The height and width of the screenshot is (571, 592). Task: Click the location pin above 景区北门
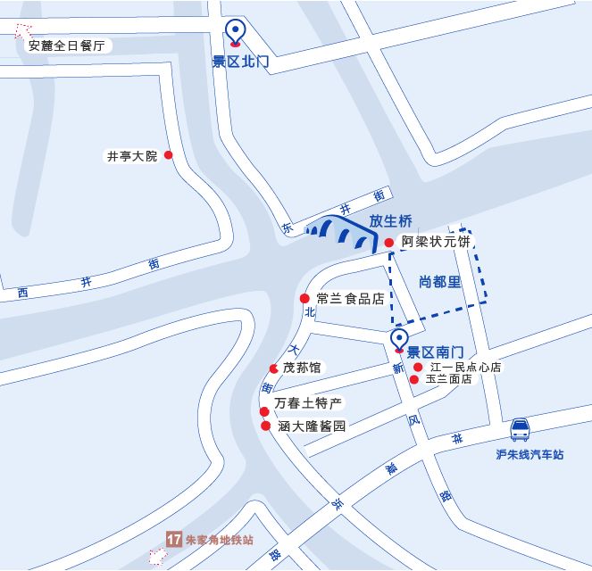pos(235,31)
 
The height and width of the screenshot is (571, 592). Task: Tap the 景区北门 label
pos(240,62)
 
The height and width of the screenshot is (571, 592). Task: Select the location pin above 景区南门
pos(399,341)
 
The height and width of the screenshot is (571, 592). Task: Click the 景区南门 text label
pos(434,352)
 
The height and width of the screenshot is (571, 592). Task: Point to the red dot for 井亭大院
pos(168,154)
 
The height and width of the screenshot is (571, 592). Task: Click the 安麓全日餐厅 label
pos(67,46)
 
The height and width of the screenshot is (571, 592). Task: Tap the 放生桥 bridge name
pos(391,221)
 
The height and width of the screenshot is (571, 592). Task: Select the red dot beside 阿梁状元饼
pos(389,243)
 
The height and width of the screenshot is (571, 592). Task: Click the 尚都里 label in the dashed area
pos(439,282)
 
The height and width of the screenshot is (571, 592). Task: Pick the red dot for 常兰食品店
pos(304,299)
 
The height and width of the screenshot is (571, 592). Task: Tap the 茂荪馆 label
pos(302,368)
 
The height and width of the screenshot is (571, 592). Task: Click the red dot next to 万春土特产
pos(264,411)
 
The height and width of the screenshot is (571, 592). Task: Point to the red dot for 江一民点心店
pos(418,367)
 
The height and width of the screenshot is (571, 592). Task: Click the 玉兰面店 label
pos(448,379)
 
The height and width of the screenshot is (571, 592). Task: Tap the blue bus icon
pos(521,432)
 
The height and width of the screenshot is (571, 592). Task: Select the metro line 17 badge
pos(174,540)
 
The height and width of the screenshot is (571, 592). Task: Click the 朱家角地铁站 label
pos(220,540)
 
